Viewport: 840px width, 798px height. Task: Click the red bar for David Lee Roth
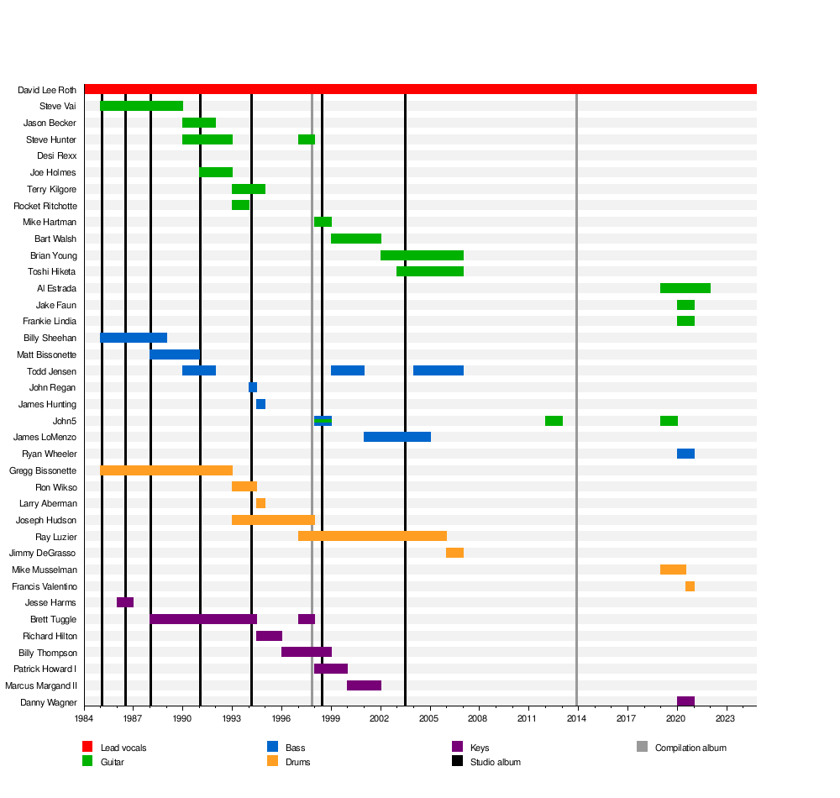(x=420, y=89)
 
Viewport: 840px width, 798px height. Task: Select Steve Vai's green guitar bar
(x=141, y=106)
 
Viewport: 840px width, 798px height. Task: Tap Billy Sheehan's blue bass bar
(x=134, y=338)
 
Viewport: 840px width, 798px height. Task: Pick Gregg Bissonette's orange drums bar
(x=166, y=470)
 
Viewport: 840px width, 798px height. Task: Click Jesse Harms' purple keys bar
(x=125, y=602)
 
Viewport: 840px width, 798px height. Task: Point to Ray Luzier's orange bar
(x=372, y=536)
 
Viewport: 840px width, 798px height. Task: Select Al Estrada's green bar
(x=685, y=288)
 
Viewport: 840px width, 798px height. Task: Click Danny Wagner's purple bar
(x=685, y=701)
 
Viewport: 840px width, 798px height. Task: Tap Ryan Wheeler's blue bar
(x=685, y=454)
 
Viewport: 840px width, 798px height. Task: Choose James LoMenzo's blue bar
(x=397, y=437)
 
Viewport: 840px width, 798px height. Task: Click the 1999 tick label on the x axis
(x=330, y=718)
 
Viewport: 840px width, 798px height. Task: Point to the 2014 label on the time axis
(x=576, y=718)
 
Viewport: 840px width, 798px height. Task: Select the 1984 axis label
(x=84, y=718)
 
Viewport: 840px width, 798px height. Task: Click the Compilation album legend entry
(x=681, y=747)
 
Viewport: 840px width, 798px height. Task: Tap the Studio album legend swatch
(x=457, y=761)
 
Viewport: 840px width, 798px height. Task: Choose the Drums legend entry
(x=289, y=762)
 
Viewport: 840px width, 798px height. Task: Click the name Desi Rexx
(x=57, y=156)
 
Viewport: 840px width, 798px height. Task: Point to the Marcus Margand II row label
(x=41, y=685)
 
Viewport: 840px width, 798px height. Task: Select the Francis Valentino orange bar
(x=690, y=586)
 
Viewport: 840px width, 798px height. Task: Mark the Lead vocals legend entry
(x=114, y=747)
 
